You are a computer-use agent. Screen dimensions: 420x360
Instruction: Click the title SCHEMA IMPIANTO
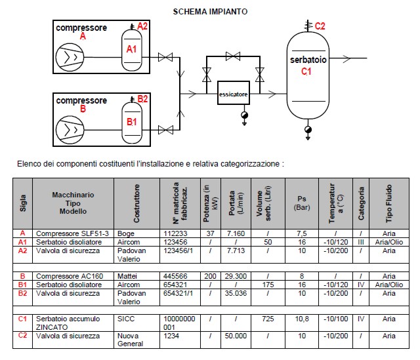(210, 12)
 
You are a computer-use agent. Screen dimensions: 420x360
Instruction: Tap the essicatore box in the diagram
(234, 93)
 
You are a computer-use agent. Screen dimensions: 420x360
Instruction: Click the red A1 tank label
(131, 49)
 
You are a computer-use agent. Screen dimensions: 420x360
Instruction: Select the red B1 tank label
(131, 122)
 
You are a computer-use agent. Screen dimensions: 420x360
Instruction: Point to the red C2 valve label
(320, 26)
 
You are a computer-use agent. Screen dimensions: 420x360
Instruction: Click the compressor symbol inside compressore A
(70, 57)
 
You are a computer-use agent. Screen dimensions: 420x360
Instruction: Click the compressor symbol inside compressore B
(70, 130)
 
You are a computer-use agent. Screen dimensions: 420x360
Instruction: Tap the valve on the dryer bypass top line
(233, 56)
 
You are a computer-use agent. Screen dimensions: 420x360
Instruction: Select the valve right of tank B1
(165, 130)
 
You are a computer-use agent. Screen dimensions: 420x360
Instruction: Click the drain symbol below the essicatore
(244, 118)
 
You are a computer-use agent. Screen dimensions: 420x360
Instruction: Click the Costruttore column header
(136, 203)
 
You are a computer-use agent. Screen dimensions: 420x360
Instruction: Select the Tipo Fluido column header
(389, 203)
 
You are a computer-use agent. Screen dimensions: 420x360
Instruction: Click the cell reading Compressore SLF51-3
(72, 233)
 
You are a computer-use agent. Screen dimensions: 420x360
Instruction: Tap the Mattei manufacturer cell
(127, 276)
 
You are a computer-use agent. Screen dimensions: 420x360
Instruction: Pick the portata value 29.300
(236, 276)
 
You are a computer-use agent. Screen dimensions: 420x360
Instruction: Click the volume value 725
(268, 319)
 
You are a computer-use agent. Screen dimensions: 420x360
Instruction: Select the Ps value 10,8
(302, 319)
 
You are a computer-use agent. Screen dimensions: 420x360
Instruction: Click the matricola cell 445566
(175, 276)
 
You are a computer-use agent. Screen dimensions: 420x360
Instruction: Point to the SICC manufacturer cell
(126, 319)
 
